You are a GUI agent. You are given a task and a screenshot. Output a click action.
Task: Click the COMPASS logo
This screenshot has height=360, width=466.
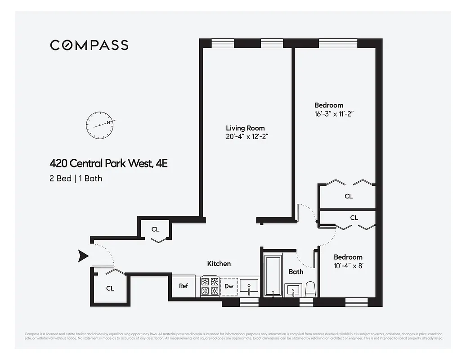point(89,45)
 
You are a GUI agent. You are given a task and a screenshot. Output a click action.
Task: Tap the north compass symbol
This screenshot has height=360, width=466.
point(100,126)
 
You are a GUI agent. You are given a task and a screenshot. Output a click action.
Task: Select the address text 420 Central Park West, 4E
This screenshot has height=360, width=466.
point(108,163)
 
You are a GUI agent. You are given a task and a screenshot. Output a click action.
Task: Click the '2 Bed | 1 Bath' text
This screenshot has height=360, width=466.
point(76,178)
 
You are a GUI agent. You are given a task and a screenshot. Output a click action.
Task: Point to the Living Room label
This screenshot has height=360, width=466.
point(245,128)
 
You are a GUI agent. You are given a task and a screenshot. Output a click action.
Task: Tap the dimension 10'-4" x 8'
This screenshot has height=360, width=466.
point(348,265)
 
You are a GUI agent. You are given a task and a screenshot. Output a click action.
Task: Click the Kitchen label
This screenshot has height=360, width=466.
point(219,263)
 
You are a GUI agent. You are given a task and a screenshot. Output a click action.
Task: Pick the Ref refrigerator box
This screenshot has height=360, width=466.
point(184,286)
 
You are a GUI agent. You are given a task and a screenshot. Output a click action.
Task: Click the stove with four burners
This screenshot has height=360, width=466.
point(209,286)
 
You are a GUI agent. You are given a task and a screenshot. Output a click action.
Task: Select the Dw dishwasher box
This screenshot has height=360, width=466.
point(229,286)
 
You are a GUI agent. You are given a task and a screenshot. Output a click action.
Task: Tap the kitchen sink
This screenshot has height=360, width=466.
point(249,286)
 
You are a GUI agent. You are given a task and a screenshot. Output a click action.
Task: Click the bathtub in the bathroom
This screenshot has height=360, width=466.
point(273,275)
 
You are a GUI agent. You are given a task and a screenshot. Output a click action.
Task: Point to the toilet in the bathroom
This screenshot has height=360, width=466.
point(310,289)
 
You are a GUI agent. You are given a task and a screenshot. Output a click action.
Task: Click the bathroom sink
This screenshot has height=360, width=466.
point(293,290)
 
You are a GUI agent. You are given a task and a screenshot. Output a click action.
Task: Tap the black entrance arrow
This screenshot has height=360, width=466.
point(83,256)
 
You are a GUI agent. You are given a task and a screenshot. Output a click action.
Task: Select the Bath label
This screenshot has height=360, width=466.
point(296,271)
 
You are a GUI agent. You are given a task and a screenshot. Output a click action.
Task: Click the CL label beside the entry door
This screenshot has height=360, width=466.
point(110,288)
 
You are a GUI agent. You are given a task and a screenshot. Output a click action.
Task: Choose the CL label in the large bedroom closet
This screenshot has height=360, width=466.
point(349,196)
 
